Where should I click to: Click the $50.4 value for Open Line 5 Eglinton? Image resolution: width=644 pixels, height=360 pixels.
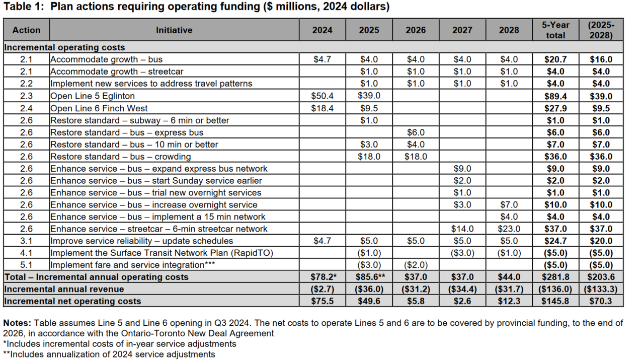coord(322,96)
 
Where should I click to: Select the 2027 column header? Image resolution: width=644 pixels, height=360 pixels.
coord(462,30)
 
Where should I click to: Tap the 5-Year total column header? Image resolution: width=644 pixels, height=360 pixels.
coord(555,30)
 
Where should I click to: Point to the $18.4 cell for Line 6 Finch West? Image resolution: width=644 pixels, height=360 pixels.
coord(322,108)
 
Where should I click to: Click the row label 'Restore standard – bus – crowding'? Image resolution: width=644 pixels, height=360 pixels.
coord(120,157)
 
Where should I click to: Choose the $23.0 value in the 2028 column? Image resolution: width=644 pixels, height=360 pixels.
coord(509,229)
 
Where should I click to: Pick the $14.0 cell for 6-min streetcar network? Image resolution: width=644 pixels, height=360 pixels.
coord(462,229)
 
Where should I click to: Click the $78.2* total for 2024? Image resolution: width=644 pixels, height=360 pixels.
coord(322,277)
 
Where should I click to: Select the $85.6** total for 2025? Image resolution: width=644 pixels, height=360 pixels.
coord(369,277)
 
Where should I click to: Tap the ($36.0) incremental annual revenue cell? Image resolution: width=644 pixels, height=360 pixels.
coord(369,289)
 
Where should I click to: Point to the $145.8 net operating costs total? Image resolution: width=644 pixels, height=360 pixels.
coord(555,301)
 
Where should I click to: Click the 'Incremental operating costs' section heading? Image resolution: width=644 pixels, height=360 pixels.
coord(64,47)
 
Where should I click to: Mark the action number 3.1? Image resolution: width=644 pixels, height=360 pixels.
coord(26,241)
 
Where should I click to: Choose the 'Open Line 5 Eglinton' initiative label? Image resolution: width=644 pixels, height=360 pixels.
coord(93,96)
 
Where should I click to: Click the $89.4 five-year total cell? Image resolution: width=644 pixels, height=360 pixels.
coord(555,96)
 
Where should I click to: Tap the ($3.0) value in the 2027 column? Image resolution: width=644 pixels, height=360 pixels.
coord(462,253)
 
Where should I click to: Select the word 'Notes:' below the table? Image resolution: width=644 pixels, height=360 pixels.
coord(18,323)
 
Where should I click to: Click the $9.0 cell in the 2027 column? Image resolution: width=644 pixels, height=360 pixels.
coord(462,169)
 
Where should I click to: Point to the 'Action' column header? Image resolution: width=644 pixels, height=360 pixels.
coord(26,30)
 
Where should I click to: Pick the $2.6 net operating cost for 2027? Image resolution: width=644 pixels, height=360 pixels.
coord(462,301)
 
